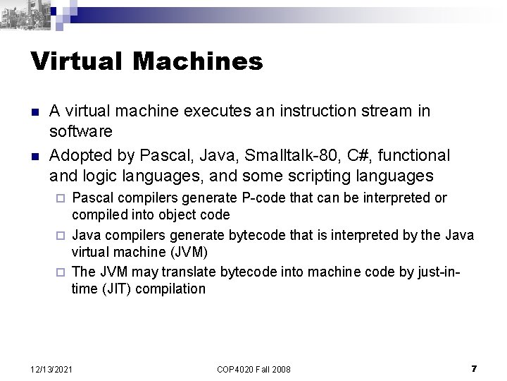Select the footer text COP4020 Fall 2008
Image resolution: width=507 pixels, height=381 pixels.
coord(254,369)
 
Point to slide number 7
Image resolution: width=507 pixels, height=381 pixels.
coord(474,368)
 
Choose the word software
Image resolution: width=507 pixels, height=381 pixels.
coord(77,131)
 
